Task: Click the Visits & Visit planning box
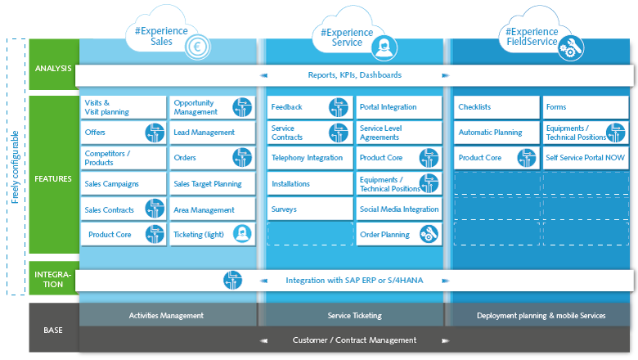(123, 108)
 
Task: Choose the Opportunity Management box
(212, 108)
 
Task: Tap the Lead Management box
(212, 133)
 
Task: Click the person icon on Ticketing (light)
(241, 235)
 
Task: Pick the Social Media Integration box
(399, 209)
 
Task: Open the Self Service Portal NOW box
(586, 158)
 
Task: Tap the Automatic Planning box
(495, 133)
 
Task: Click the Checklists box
(495, 107)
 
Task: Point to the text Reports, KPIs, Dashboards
(354, 75)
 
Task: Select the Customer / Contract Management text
(354, 340)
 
